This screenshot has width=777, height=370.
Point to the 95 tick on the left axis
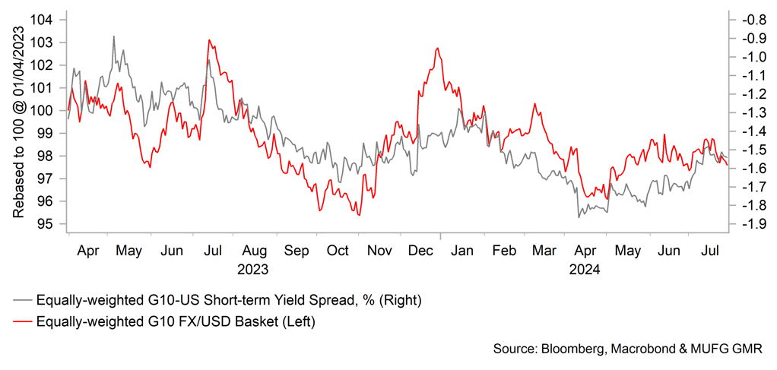point(55,224)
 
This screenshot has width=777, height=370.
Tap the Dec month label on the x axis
point(420,251)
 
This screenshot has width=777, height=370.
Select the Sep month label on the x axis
point(297,251)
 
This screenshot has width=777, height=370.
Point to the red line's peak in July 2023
point(209,40)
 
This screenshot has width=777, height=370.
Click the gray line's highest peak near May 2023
point(114,36)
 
